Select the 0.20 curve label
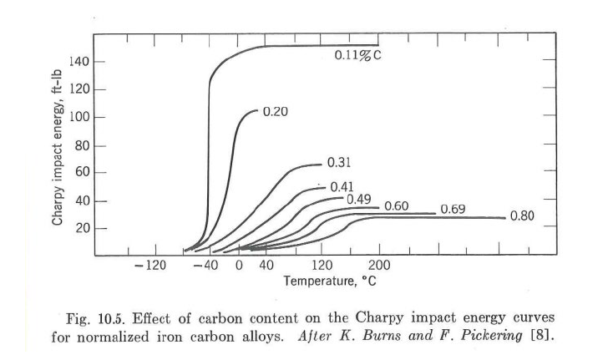276,112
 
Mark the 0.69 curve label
452,209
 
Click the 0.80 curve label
521,215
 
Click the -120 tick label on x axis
151,266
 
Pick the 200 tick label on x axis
379,266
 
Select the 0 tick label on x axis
239,266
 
